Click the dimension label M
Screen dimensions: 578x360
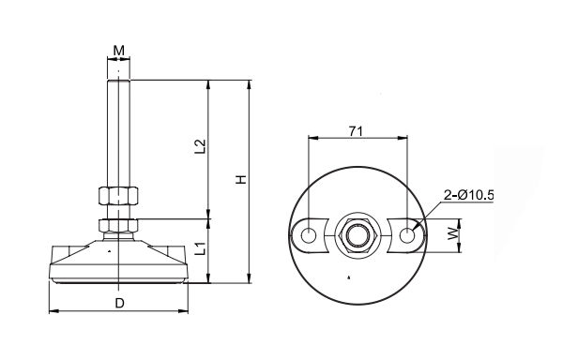(118, 50)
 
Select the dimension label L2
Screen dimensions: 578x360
(200, 146)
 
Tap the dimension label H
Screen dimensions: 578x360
(241, 179)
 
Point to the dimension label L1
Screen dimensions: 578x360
(200, 248)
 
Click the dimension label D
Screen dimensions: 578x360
(119, 303)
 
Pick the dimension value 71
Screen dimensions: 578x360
(356, 131)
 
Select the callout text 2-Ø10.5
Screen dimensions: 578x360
(468, 195)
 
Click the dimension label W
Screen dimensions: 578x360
(453, 233)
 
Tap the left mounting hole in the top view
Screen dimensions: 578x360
(309, 235)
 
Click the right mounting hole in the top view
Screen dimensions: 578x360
(407, 235)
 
